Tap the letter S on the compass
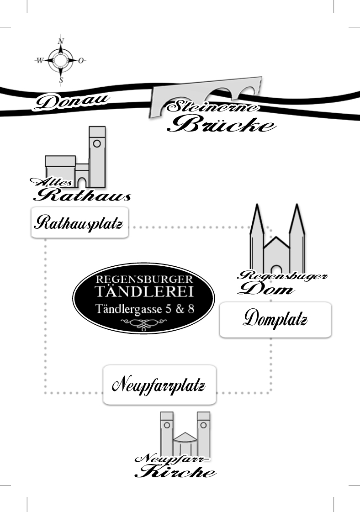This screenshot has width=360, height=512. click(61, 80)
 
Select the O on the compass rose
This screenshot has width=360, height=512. click(81, 60)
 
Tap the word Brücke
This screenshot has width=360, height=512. click(222, 124)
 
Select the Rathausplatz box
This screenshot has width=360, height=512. click(79, 223)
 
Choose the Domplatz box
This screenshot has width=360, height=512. click(275, 319)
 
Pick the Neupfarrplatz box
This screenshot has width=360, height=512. click(159, 385)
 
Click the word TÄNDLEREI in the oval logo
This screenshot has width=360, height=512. click(143, 292)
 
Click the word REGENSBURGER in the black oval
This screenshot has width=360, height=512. click(144, 279)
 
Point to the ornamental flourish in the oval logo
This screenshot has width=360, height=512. click(144, 323)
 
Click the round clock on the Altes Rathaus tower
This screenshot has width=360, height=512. click(97, 143)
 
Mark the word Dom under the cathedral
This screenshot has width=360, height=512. click(265, 289)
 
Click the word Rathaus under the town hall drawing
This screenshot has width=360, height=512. click(83, 195)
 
